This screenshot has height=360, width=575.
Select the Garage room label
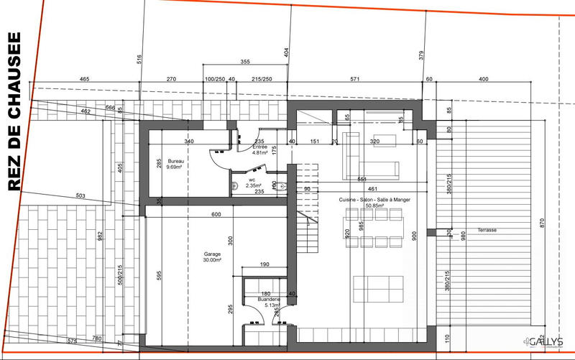coord(211,254)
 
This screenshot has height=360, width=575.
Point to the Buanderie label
coord(258,299)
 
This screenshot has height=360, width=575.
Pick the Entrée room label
coord(259,147)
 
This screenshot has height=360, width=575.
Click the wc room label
coord(252,180)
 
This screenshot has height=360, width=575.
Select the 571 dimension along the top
coord(354,80)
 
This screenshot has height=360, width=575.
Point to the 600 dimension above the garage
coord(216,215)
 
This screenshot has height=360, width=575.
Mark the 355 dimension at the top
coord(246,61)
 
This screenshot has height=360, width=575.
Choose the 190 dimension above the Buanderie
coord(264,266)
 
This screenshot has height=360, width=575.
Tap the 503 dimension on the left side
coord(80,195)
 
